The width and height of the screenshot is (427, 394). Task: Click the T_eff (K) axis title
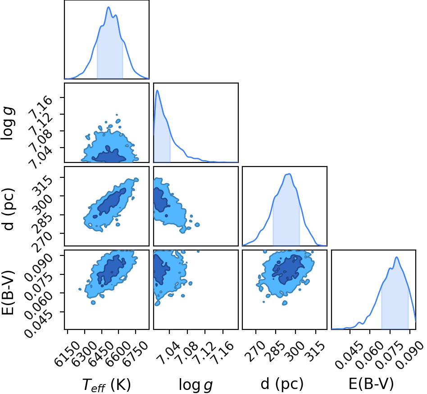point(106,385)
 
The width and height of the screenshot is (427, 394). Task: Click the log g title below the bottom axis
point(195,385)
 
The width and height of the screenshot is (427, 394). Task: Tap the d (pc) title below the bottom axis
point(282,384)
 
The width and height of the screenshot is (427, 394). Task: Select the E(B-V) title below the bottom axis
point(371,384)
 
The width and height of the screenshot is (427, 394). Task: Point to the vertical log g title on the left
point(8,124)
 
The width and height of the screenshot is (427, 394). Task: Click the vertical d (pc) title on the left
point(8,209)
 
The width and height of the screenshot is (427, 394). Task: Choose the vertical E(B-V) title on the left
point(8,292)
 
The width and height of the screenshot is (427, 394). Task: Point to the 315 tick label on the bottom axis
point(316,350)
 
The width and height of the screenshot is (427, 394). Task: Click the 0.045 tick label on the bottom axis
point(349,354)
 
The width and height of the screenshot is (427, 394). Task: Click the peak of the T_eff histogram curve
point(109,7)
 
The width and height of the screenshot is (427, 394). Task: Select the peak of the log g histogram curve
point(157,90)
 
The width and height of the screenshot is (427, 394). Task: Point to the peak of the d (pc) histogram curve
point(289,174)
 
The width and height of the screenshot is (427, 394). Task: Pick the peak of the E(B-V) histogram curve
point(396,257)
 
